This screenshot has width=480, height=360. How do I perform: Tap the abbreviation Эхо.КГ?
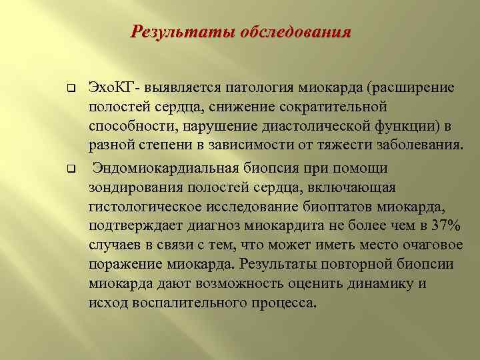pos(111,89)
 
